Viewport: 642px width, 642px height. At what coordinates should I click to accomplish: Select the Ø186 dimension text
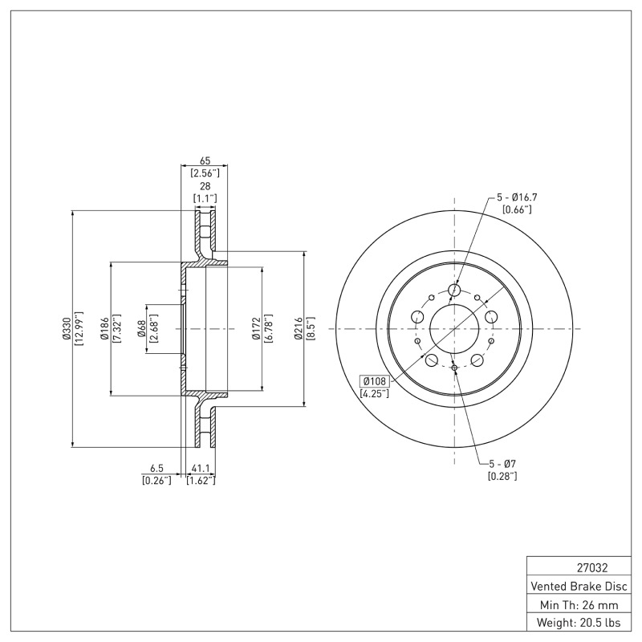[104, 329]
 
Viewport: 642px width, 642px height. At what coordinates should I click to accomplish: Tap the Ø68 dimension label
[140, 329]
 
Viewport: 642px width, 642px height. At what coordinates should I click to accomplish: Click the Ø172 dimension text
[254, 329]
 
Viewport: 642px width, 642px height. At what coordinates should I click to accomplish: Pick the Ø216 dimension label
[299, 329]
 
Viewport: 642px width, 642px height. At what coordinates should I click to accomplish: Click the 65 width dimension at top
[205, 161]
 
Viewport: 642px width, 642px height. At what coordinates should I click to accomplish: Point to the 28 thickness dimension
[205, 186]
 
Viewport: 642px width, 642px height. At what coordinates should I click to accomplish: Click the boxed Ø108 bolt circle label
[375, 381]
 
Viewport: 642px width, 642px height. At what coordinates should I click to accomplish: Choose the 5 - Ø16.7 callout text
[517, 197]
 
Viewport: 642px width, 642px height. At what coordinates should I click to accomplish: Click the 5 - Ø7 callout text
[502, 464]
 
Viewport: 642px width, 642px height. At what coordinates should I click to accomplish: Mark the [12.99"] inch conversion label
[79, 329]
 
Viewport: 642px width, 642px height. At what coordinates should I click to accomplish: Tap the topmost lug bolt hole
[454, 290]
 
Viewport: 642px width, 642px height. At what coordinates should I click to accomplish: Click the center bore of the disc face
[454, 329]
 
